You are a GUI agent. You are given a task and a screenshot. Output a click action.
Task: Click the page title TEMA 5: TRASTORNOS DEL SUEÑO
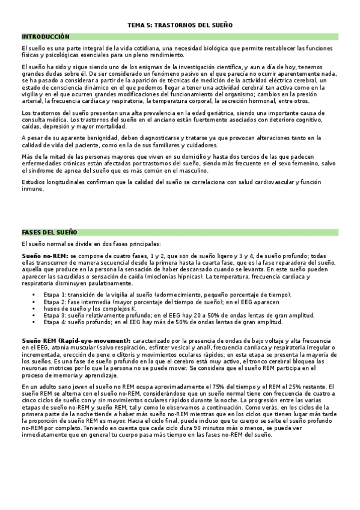(180, 25)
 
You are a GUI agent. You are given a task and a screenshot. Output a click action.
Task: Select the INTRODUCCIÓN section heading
(46, 37)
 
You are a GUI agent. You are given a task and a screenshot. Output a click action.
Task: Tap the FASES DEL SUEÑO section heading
(49, 232)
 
